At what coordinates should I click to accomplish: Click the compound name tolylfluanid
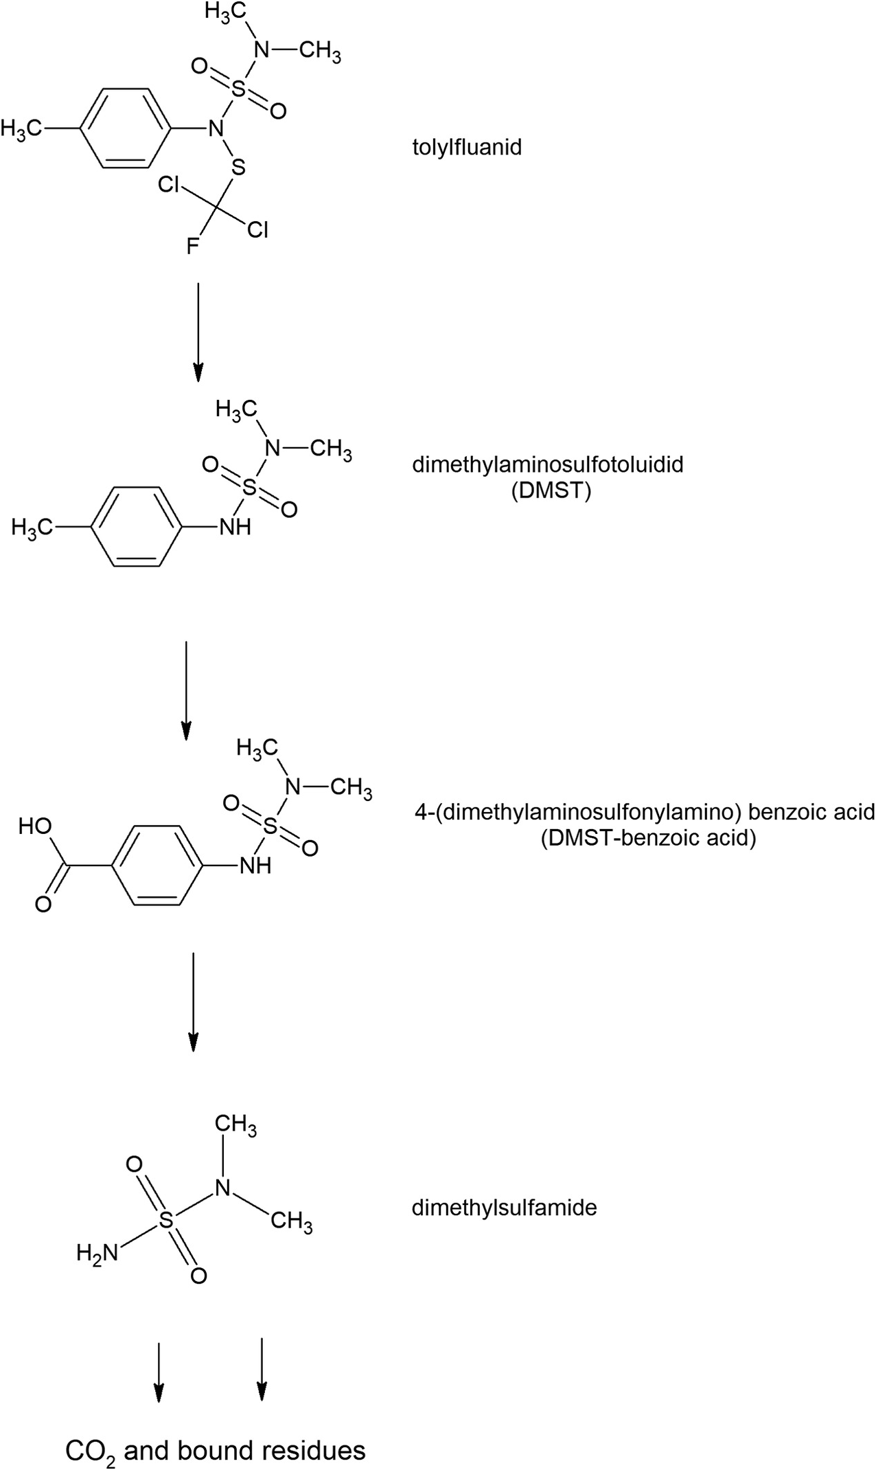coord(467,147)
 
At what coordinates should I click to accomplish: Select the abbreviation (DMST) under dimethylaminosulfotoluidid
coord(551,492)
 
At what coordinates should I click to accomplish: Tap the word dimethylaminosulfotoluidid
coord(547,465)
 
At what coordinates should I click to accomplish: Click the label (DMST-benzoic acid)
coord(647,839)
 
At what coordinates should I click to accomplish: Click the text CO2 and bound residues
coord(215,1445)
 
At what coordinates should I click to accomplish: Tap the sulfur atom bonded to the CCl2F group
coord(238,167)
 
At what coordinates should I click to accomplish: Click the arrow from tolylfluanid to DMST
coord(198,330)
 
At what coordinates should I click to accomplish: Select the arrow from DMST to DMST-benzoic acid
coord(185,690)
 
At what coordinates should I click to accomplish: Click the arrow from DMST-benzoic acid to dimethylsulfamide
coord(194,1001)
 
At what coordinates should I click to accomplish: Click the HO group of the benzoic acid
coord(35,826)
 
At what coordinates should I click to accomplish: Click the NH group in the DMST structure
coord(235,528)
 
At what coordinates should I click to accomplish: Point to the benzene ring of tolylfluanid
coord(124,128)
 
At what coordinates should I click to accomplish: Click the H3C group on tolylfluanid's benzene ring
coord(21,128)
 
